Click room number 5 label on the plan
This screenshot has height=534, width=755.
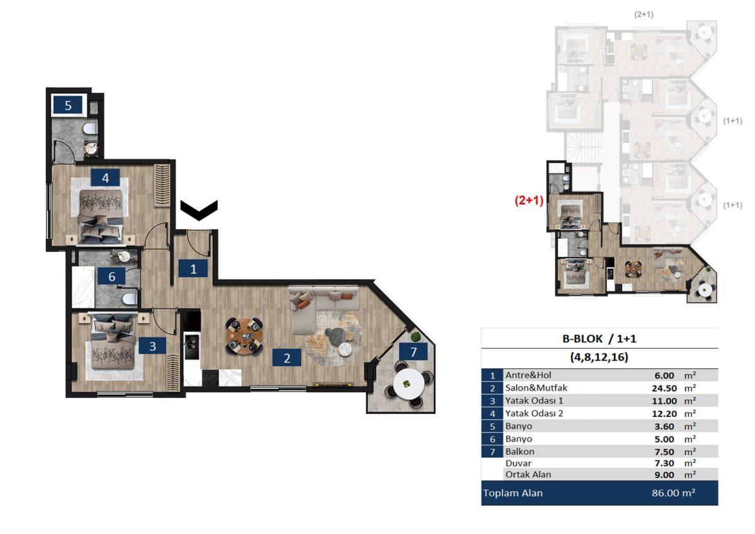coord(68,105)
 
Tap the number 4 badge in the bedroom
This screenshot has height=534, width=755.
coord(105,178)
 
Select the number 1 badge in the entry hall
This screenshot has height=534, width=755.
coord(193,269)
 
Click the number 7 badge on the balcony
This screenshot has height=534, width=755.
coord(413,352)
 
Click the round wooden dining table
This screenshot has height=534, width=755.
coord(245,336)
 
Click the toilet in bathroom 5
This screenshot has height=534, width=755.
coord(91,128)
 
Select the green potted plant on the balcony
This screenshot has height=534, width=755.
coord(415,337)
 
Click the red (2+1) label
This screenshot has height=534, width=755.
coord(529,200)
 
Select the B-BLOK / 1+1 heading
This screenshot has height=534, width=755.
coord(599,338)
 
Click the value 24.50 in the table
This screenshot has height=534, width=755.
coord(664,389)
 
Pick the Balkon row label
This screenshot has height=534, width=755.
coord(520,452)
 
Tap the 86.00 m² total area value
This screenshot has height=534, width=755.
coord(673,493)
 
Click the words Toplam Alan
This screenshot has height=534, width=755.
coord(513,493)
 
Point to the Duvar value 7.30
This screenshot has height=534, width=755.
coord(664,463)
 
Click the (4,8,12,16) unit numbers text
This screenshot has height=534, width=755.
coord(599,357)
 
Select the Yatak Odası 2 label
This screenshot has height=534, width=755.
coord(534,414)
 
